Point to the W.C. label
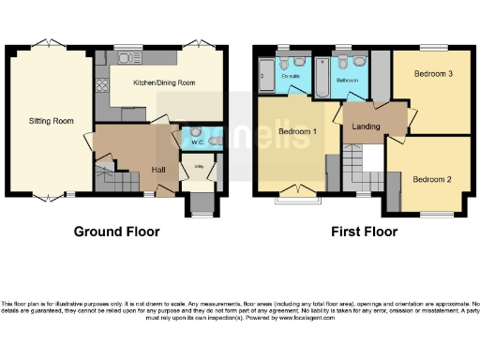coord(197,143)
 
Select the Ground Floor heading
coord(116,232)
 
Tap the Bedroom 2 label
coord(432,179)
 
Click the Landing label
coord(365,126)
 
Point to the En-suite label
coord(290,77)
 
